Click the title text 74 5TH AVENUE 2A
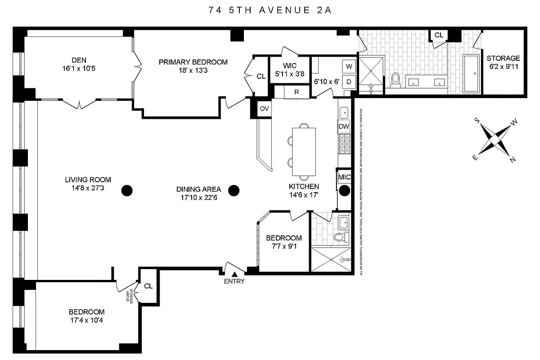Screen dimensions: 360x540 270,10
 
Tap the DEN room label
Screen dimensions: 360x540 78,60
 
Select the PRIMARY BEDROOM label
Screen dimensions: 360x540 193,62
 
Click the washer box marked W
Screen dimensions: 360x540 349,66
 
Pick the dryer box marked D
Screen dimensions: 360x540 349,81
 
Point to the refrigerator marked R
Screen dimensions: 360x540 297,92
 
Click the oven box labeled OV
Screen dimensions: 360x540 264,108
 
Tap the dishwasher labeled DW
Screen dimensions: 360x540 344,127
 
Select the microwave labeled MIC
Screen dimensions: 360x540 344,177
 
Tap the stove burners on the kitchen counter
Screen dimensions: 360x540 344,145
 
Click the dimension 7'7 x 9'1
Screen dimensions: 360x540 283,246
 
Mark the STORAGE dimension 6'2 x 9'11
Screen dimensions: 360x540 503,67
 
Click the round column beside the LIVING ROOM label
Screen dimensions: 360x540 127,191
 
